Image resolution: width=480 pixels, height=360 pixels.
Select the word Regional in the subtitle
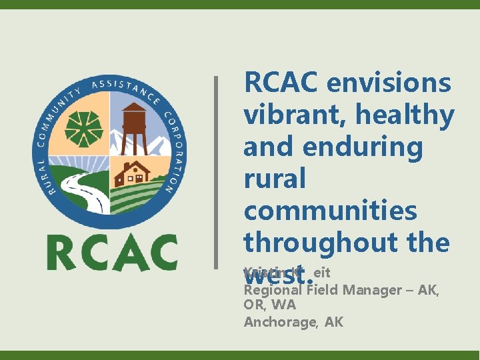click(270, 290)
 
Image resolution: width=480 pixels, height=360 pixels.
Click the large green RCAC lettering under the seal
click(112, 252)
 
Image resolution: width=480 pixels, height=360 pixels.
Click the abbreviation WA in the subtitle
click(283, 305)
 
